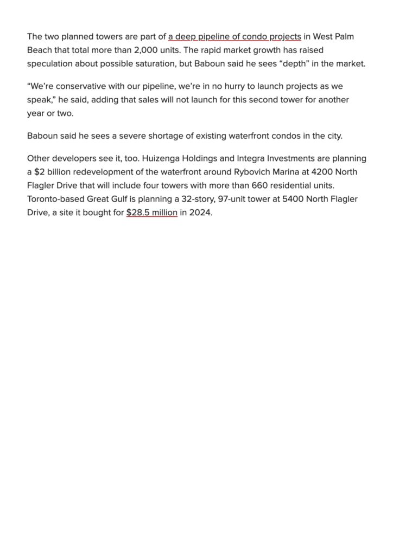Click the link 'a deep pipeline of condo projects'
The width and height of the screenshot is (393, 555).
click(x=234, y=37)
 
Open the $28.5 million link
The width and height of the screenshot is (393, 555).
click(x=151, y=212)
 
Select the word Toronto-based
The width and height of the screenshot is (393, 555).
click(x=55, y=199)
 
